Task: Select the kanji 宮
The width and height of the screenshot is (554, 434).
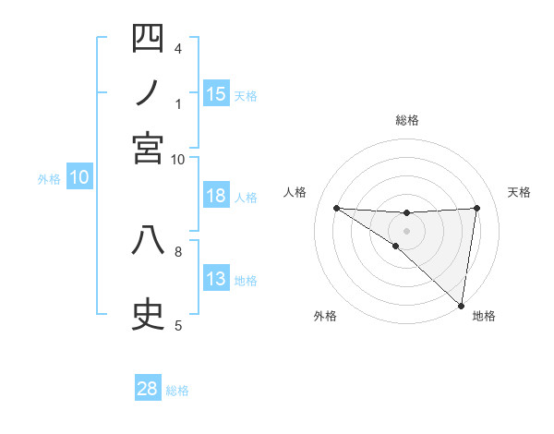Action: pyautogui.click(x=148, y=148)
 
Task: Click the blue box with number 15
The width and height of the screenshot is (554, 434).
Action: pyautogui.click(x=216, y=94)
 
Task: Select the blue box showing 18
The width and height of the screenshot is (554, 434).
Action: pyautogui.click(x=216, y=196)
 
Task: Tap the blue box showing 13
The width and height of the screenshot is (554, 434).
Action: pyautogui.click(x=216, y=280)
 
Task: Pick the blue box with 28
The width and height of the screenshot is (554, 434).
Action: pyautogui.click(x=148, y=389)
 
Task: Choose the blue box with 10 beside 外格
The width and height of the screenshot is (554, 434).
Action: pyautogui.click(x=79, y=178)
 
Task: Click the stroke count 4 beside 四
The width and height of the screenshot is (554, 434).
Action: pyautogui.click(x=177, y=48)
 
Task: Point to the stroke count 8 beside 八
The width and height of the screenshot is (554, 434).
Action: pyautogui.click(x=177, y=250)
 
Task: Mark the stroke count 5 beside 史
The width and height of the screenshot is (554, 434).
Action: pyautogui.click(x=177, y=325)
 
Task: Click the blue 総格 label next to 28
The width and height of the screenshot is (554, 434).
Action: pyautogui.click(x=177, y=391)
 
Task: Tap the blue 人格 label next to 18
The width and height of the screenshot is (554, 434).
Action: pyautogui.click(x=246, y=197)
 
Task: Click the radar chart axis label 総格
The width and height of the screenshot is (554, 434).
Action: pyautogui.click(x=406, y=120)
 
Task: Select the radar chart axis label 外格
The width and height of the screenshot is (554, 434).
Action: pyautogui.click(x=325, y=316)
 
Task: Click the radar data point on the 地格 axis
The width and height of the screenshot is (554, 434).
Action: pyautogui.click(x=461, y=306)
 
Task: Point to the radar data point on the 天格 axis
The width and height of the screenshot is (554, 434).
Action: pyautogui.click(x=476, y=208)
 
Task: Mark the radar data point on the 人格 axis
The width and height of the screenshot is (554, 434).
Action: pyautogui.click(x=336, y=208)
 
